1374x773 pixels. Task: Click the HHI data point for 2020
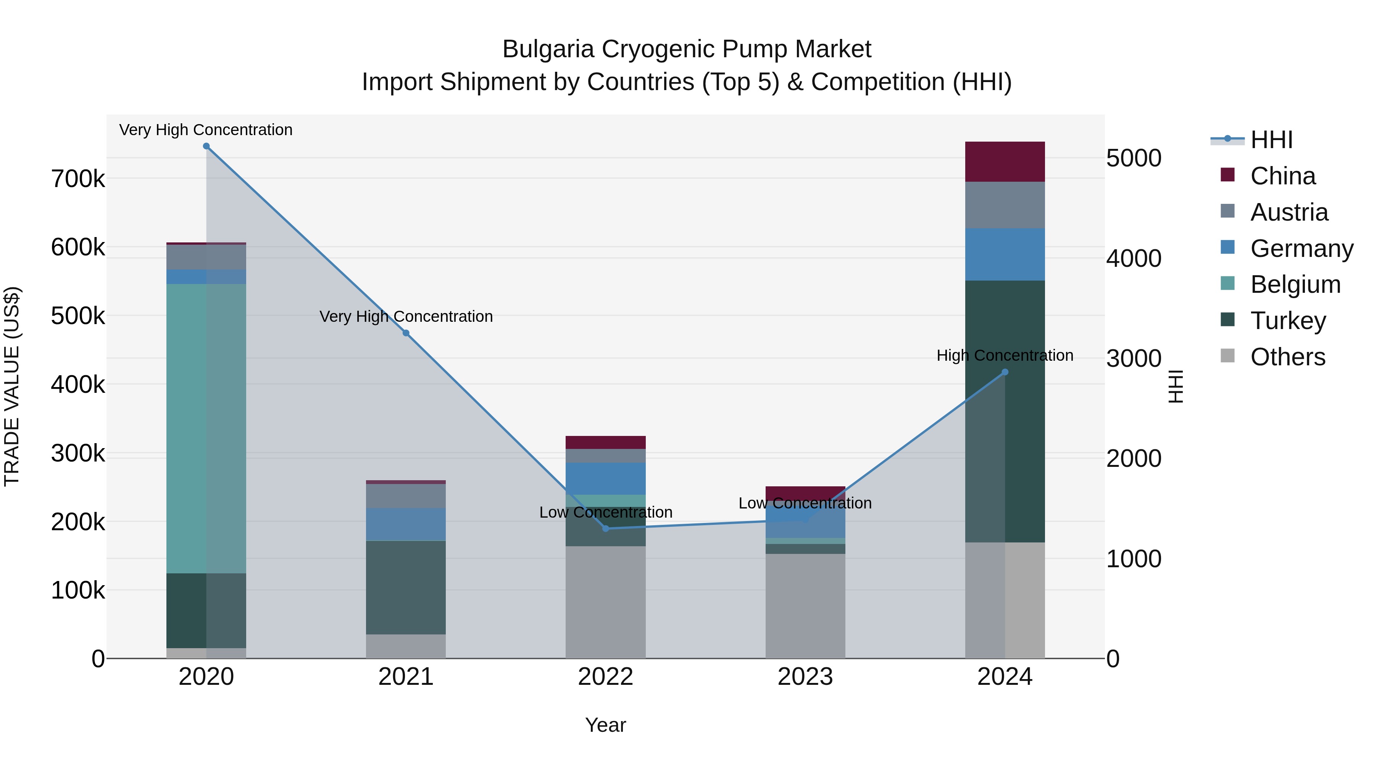click(x=206, y=146)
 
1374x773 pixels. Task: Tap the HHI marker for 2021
click(x=406, y=333)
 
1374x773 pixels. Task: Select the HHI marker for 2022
click(x=605, y=529)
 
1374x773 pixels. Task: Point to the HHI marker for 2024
click(x=1005, y=372)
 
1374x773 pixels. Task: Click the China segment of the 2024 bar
click(x=1005, y=161)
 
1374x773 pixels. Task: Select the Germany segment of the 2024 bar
click(x=1005, y=255)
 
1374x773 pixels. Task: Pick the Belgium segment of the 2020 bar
click(x=206, y=428)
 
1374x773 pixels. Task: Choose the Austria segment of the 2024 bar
click(x=1005, y=205)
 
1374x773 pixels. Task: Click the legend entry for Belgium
click(x=1295, y=284)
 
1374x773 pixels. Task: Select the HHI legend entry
click(x=1271, y=140)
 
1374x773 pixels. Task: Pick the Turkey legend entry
click(x=1288, y=321)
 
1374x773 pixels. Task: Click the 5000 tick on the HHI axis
click(x=1134, y=158)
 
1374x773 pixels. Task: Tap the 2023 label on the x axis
click(x=805, y=676)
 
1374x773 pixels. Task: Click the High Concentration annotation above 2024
click(x=1005, y=355)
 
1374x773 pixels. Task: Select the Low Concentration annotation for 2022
click(x=605, y=512)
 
